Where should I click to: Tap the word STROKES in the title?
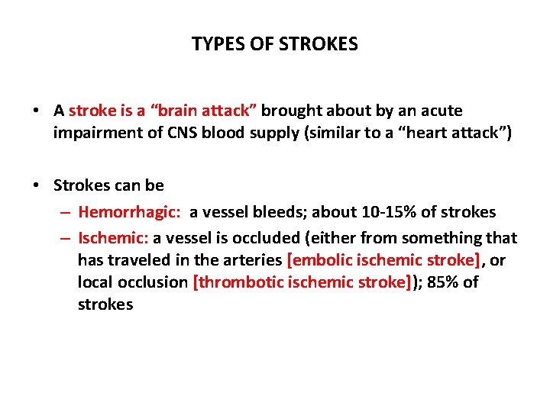(321, 44)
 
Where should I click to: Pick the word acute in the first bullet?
(442, 111)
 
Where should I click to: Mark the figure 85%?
(445, 282)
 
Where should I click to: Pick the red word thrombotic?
(241, 282)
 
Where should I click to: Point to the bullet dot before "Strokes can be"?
(37, 185)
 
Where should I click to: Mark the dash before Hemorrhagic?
(66, 213)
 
